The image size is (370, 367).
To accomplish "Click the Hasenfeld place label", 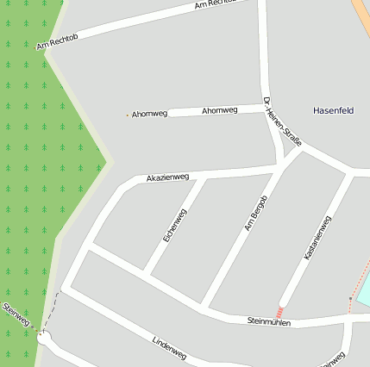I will (333, 110).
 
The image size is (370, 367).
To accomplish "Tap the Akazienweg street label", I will (167, 177).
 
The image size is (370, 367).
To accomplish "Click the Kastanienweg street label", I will (317, 239).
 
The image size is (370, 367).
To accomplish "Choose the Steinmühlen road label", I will (269, 322).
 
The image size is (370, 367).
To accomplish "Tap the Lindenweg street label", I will (169, 347).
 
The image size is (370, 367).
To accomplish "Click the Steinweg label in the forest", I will (16, 314).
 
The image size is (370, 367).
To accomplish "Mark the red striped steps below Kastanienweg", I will (279, 312).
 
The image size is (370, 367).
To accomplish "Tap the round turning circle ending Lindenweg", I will (43, 339).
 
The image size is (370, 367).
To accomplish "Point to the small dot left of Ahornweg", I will (128, 115).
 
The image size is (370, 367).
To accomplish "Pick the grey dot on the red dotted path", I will (350, 299).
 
